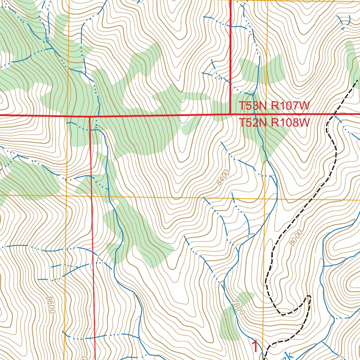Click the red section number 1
pos(256,347)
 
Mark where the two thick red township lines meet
pos(230,114)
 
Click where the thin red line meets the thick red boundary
pos(90,116)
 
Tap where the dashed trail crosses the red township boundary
pos(334,114)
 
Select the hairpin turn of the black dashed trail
pos(309,297)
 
